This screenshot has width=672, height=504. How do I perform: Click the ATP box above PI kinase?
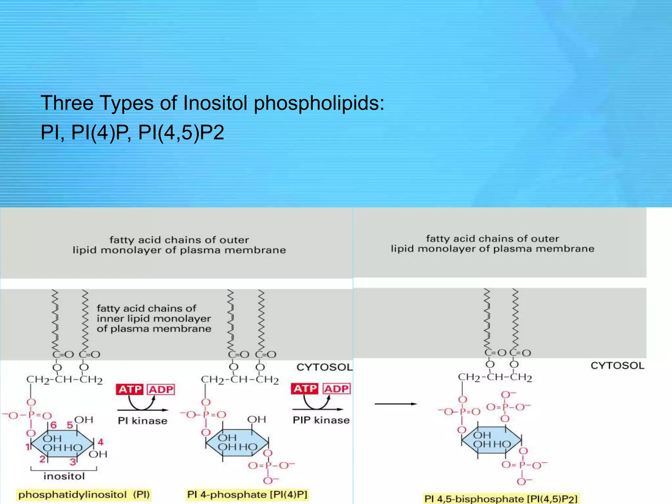[x=130, y=389]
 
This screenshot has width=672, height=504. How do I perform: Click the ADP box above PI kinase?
[x=161, y=389]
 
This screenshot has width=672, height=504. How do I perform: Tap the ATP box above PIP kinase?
[x=305, y=389]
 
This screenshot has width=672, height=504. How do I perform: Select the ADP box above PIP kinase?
[x=337, y=389]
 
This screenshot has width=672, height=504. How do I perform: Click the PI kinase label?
[x=142, y=421]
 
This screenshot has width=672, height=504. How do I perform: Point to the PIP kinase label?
[x=321, y=420]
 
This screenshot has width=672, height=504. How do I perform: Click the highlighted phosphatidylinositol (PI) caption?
[x=84, y=494]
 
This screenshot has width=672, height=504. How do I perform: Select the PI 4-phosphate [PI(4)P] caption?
[x=247, y=494]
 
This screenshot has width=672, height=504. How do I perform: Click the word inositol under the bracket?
[x=64, y=476]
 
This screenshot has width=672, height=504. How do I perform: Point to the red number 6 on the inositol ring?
[x=53, y=425]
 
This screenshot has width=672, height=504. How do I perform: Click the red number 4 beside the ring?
[x=101, y=442]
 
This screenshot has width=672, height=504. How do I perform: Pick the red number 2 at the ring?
[x=42, y=459]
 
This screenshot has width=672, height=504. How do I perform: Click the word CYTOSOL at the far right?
[x=618, y=366]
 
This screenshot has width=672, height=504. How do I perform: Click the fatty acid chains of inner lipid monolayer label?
[x=154, y=318]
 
